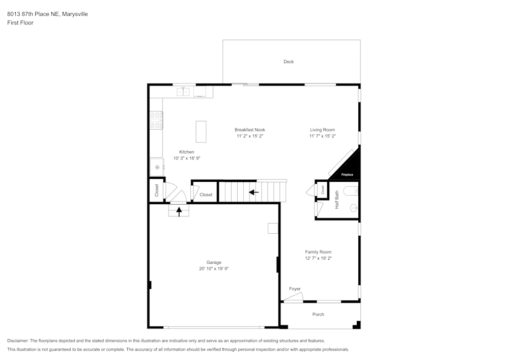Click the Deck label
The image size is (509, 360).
tap(289, 62)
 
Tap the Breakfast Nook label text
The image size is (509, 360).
tap(249, 130)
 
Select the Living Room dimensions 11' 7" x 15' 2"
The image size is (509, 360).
tap(322, 136)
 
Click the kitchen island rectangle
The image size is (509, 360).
tap(201, 132)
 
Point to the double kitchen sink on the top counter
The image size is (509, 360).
tap(183, 92)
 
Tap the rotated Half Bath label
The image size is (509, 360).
tap(336, 200)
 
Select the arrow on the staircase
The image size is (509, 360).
tap(253, 192)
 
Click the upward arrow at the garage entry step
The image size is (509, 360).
tap(179, 211)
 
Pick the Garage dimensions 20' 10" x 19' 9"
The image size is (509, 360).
tap(214, 269)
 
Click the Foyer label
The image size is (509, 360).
tap(295, 289)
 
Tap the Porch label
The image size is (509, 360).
tap(318, 314)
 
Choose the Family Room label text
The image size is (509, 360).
tap(318, 252)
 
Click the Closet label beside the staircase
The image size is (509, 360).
tap(206, 195)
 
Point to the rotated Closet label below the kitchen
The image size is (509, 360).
tap(157, 190)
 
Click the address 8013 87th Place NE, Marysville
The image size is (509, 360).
tap(47, 14)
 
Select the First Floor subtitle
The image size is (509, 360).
tap(20, 23)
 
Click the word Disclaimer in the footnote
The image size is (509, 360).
tap(18, 341)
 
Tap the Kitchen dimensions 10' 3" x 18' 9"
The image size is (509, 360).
tap(186, 158)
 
